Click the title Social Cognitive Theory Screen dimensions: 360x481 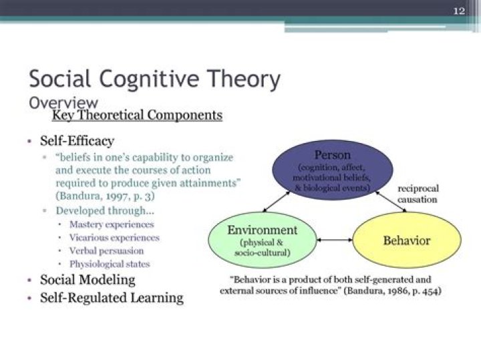tap(154, 79)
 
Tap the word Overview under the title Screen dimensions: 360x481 tap(63, 102)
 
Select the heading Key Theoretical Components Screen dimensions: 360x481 tap(137, 115)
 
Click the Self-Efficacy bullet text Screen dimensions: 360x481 tap(77, 141)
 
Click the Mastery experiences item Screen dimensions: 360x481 tap(112, 224)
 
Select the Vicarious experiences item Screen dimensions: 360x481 tap(114, 238)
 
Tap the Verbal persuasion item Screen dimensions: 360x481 tap(106, 250)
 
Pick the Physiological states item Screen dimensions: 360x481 tap(110, 264)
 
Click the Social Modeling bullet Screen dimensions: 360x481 tap(88, 280)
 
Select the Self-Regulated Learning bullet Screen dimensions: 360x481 tap(112, 297)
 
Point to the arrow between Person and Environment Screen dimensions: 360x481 tap(271, 200)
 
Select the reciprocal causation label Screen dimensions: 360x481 tap(418, 194)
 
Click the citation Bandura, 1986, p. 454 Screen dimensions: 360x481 tap(395, 292)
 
